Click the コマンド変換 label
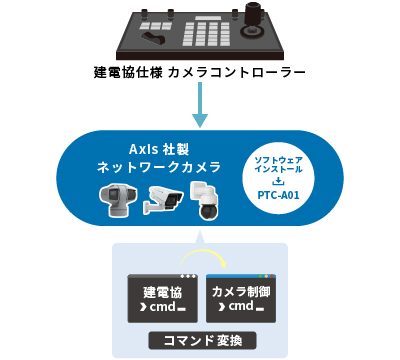point(200,340)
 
